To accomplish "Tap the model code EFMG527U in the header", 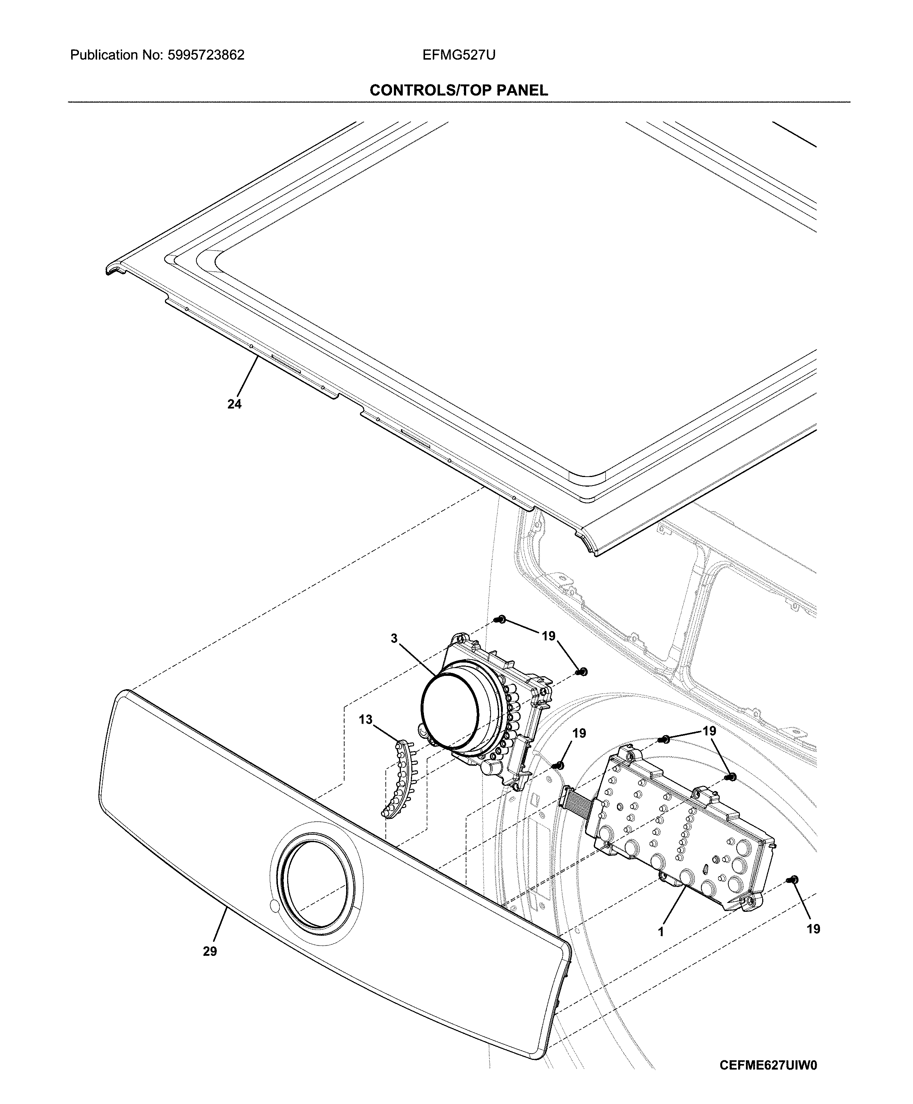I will (459, 55).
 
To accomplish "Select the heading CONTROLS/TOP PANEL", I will (459, 90).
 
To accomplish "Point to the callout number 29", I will (210, 966).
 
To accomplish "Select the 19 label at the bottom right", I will (813, 929).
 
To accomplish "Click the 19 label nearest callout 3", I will (548, 636).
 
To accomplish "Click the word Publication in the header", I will (103, 55).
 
